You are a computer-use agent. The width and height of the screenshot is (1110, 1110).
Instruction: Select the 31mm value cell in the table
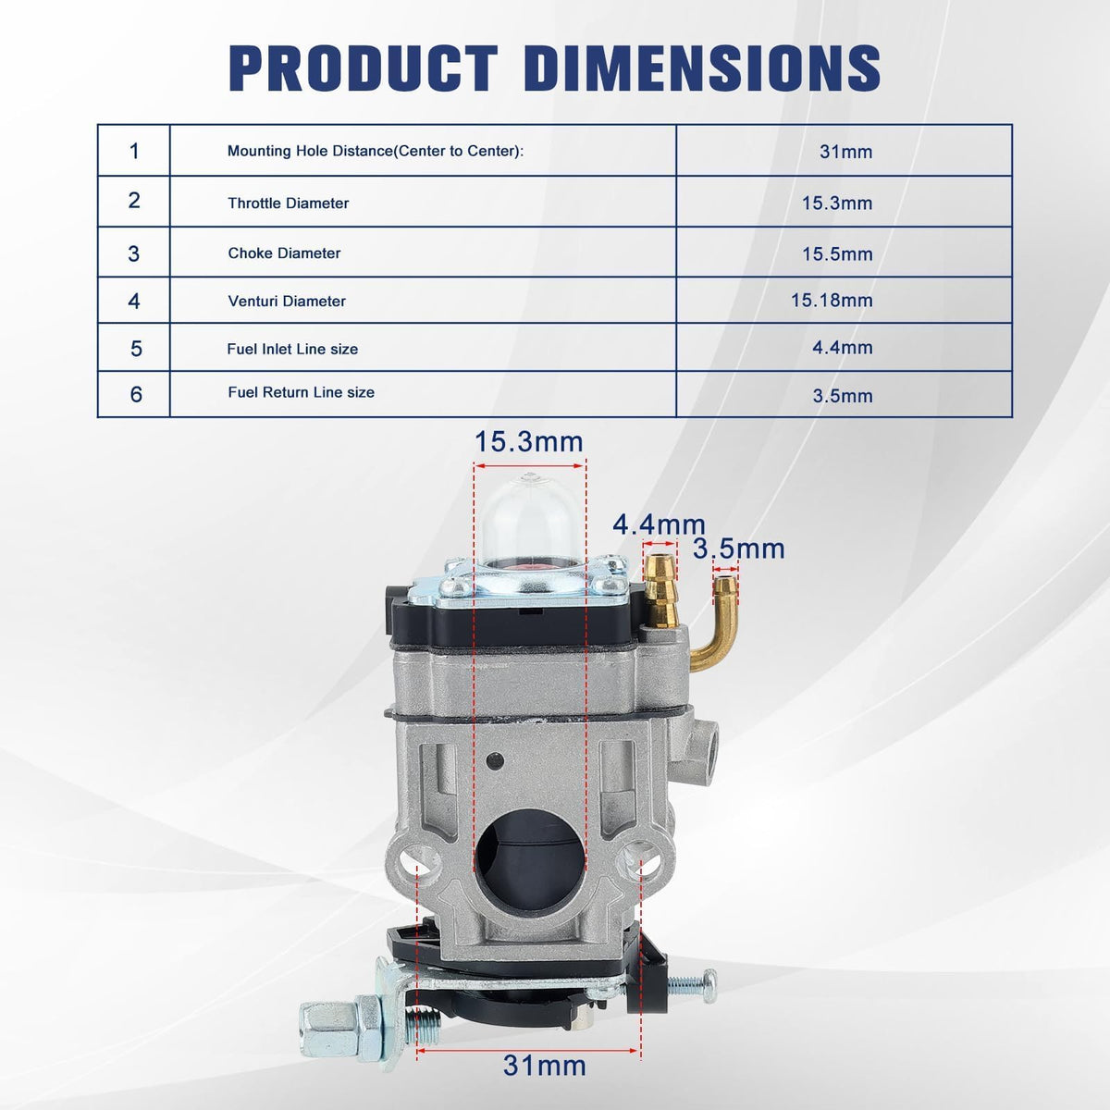click(845, 152)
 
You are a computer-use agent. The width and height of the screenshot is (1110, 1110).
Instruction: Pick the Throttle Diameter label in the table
click(288, 203)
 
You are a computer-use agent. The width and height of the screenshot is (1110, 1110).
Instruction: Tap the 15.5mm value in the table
click(837, 254)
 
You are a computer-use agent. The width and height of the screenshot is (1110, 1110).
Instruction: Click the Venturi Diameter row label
click(287, 302)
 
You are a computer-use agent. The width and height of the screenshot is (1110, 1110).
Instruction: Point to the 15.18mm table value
click(832, 300)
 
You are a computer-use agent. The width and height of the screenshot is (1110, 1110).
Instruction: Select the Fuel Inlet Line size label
click(292, 349)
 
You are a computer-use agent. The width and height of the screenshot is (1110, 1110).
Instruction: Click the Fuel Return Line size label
click(301, 392)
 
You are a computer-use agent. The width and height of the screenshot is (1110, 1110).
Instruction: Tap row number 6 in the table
click(136, 395)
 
